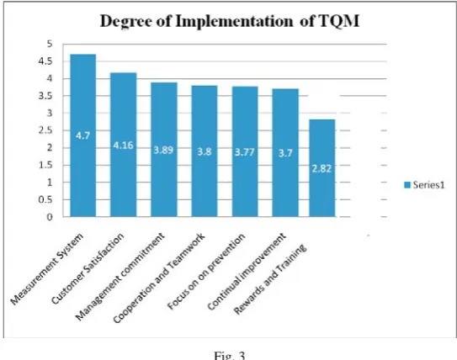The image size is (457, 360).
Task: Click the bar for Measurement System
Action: [83, 135]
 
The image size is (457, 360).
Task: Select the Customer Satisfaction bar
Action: [123, 145]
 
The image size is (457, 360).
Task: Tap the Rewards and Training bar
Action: [322, 168]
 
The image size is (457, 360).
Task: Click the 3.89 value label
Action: [163, 150]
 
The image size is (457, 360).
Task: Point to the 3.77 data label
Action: [245, 152]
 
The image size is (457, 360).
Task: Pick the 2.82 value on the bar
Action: [321, 168]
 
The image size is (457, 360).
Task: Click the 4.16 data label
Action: [123, 145]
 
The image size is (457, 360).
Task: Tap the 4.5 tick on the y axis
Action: [45, 61]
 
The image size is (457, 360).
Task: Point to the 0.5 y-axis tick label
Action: [45, 200]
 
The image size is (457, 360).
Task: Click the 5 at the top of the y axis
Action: [50, 44]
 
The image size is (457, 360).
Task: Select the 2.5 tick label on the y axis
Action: [45, 130]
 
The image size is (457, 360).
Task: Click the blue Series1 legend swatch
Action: [407, 185]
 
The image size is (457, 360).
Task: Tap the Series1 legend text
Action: [428, 185]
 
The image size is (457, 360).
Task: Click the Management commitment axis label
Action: [120, 277]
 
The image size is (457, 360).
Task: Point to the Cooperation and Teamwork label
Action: [159, 278]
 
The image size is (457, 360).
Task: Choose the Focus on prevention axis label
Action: [206, 272]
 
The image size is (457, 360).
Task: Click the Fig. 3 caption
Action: [230, 356]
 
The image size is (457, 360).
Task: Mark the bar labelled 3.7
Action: [285, 152]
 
